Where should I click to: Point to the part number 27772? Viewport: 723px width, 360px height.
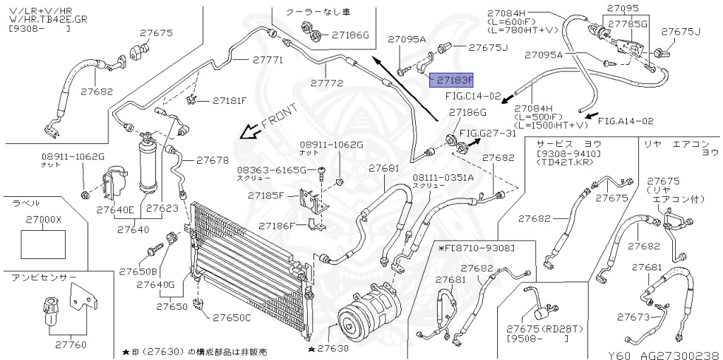(326, 83)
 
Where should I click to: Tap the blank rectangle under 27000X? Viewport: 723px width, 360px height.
(44, 244)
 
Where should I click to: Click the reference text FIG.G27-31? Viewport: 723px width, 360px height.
(488, 133)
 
